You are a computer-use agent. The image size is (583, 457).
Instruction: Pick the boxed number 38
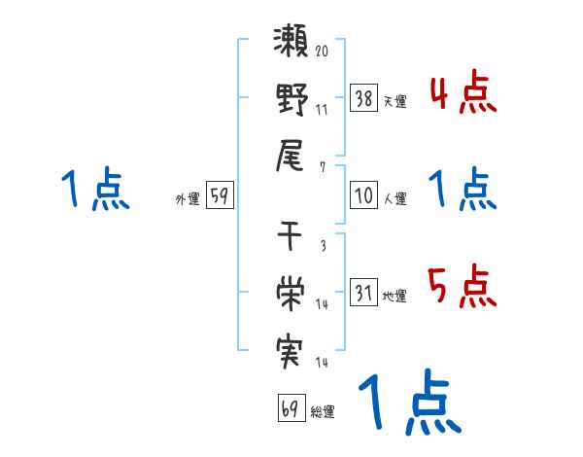[363, 97]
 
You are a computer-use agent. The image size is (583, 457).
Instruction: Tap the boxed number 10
[363, 195]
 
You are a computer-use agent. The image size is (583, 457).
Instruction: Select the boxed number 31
[363, 293]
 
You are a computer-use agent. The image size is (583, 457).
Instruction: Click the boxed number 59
[220, 195]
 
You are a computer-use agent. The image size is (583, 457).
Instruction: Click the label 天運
[394, 101]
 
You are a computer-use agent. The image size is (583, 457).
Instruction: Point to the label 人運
[394, 198]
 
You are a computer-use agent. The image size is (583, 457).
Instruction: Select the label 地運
[394, 296]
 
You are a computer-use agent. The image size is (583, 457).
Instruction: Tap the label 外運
[188, 198]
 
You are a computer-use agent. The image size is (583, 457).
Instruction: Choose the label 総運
[322, 411]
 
